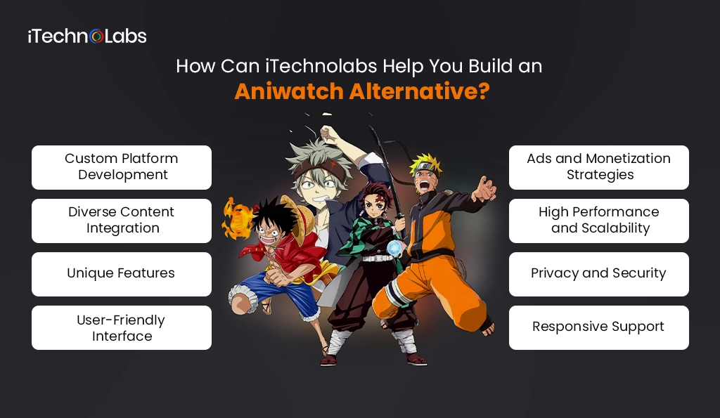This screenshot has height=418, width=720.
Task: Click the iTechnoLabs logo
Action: (x=87, y=36)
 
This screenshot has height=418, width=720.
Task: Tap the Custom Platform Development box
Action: (x=122, y=167)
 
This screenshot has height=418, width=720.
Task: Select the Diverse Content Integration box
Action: (x=122, y=221)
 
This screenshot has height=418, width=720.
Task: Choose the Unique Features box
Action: (x=122, y=274)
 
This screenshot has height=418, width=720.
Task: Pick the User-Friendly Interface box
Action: (x=122, y=327)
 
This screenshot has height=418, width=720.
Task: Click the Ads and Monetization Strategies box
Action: (x=599, y=167)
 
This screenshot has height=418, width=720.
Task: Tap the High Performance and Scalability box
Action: (x=599, y=221)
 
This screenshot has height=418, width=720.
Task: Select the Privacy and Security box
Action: (x=599, y=274)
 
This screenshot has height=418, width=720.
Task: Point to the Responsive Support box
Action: (x=599, y=327)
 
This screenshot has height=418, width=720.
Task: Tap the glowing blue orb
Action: (x=395, y=248)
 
